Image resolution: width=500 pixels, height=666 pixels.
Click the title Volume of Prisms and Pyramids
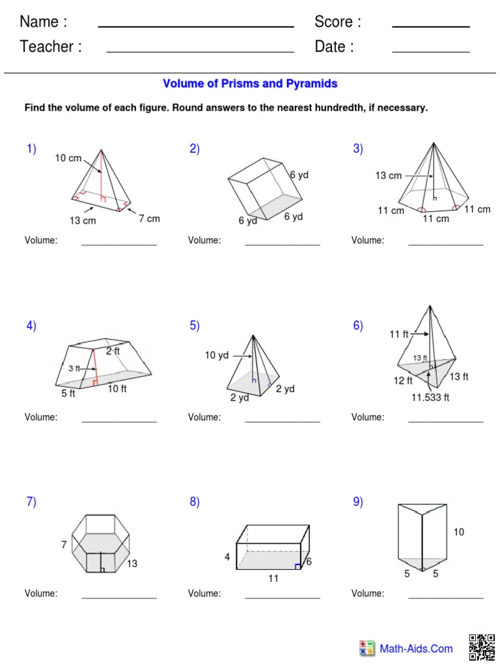pyautogui.click(x=250, y=84)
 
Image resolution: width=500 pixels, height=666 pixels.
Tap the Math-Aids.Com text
pyautogui.click(x=416, y=648)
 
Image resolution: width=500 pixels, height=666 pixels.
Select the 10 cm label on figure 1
pyautogui.click(x=68, y=158)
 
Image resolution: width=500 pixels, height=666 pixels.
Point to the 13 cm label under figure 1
pyautogui.click(x=83, y=220)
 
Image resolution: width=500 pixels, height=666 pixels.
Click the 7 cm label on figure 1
pyautogui.click(x=149, y=219)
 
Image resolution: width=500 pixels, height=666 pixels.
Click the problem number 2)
pyautogui.click(x=195, y=149)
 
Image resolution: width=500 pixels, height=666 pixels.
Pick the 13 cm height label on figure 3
pyautogui.click(x=388, y=176)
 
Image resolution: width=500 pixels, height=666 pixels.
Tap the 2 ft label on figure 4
pyautogui.click(x=113, y=351)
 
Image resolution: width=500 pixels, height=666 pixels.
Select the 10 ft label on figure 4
pyautogui.click(x=117, y=389)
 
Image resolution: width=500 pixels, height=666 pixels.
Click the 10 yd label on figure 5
pyautogui.click(x=217, y=355)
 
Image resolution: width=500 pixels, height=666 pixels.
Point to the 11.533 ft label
pyautogui.click(x=430, y=397)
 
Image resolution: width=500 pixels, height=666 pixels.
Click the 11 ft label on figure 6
pyautogui.click(x=399, y=334)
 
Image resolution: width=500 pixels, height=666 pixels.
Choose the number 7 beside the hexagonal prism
pyautogui.click(x=64, y=545)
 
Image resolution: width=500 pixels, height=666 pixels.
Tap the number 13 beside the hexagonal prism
pyautogui.click(x=132, y=564)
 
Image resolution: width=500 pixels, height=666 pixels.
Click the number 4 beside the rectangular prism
pyautogui.click(x=227, y=557)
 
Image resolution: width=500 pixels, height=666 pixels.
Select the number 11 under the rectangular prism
pyautogui.click(x=273, y=578)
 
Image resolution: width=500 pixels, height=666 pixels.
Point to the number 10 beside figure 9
pyautogui.click(x=459, y=532)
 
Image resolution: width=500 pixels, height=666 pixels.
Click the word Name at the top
pyautogui.click(x=43, y=22)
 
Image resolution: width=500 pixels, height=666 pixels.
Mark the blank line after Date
pyautogui.click(x=430, y=51)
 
